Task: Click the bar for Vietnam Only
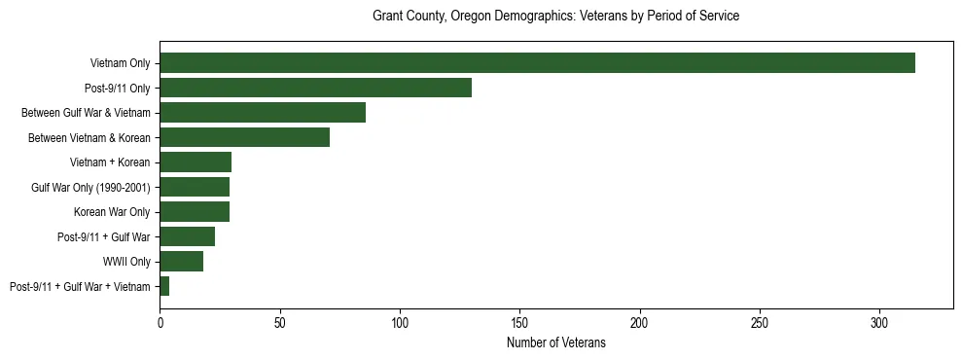(x=537, y=63)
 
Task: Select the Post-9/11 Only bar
(x=315, y=88)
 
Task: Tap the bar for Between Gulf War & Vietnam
(x=263, y=113)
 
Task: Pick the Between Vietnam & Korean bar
(x=244, y=137)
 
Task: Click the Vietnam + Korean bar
(x=196, y=162)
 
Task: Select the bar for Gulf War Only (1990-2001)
(x=195, y=187)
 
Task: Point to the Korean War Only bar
(x=195, y=212)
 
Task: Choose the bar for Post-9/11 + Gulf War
(x=187, y=236)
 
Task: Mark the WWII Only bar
(x=181, y=262)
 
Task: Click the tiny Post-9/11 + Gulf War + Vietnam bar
(x=164, y=286)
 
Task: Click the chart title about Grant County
(x=555, y=17)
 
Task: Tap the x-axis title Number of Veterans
(x=555, y=343)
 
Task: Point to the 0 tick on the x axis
(x=160, y=322)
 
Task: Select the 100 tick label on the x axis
(x=400, y=322)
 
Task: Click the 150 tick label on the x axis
(x=519, y=322)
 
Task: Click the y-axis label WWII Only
(x=126, y=262)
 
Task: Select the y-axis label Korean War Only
(x=112, y=212)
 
